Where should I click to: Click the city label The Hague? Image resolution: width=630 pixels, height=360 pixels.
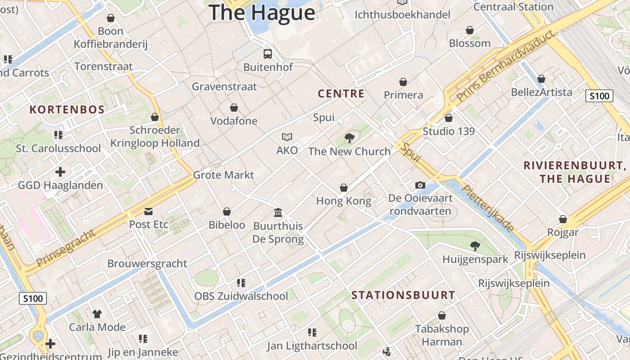pyautogui.click(x=262, y=12)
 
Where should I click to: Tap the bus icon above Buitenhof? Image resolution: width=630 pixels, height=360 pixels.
pyautogui.click(x=268, y=54)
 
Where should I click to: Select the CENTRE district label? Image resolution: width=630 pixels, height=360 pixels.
pyautogui.click(x=341, y=94)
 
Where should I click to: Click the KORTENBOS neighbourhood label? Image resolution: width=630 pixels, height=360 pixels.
pyautogui.click(x=67, y=109)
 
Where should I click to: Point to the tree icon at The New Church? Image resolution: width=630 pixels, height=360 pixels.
pyautogui.click(x=349, y=138)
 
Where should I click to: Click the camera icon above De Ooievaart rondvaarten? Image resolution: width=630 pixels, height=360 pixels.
pyautogui.click(x=420, y=185)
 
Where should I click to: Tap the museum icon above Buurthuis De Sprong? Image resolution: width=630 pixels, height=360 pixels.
pyautogui.click(x=278, y=212)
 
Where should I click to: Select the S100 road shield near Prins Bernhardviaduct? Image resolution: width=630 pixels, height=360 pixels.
pyautogui.click(x=599, y=96)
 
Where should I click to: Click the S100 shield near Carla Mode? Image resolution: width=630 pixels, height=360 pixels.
pyautogui.click(x=33, y=298)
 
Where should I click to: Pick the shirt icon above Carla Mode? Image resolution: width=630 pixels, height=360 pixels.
pyautogui.click(x=97, y=314)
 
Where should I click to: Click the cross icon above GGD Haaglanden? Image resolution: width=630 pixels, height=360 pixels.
pyautogui.click(x=60, y=172)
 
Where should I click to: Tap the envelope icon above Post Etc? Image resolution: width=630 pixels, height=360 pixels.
pyautogui.click(x=148, y=211)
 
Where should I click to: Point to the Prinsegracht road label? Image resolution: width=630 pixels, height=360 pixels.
pyautogui.click(x=66, y=248)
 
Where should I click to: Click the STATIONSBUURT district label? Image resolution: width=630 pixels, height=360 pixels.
pyautogui.click(x=403, y=295)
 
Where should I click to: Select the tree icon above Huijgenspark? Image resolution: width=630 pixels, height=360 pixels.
pyautogui.click(x=475, y=246)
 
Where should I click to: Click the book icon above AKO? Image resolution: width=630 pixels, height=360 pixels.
pyautogui.click(x=287, y=137)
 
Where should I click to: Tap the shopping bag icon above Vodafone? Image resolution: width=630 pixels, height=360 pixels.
pyautogui.click(x=234, y=108)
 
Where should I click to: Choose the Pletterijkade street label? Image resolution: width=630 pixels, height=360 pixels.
pyautogui.click(x=488, y=209)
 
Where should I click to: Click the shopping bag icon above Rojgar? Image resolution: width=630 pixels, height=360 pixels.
pyautogui.click(x=562, y=219)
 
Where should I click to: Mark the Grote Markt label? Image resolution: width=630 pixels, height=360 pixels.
pyautogui.click(x=224, y=175)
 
